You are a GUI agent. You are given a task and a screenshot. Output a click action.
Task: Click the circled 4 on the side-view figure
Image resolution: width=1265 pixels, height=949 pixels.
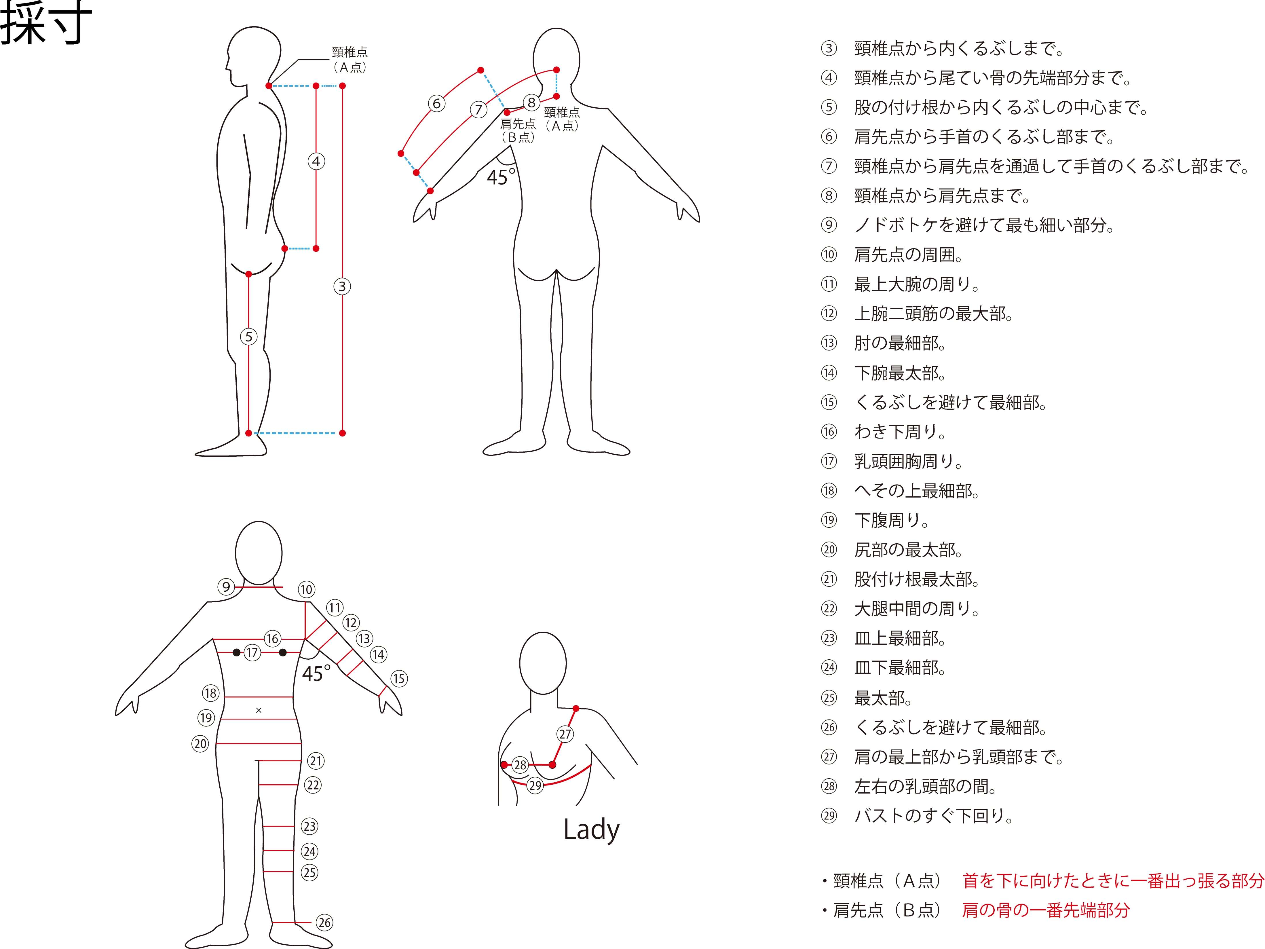(316, 161)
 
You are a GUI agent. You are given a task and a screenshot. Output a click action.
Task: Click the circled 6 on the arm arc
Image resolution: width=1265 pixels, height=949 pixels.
(437, 104)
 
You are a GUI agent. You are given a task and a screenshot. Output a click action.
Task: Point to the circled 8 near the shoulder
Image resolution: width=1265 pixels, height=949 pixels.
(531, 103)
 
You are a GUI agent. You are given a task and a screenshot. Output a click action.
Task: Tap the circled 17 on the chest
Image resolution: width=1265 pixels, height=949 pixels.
(252, 653)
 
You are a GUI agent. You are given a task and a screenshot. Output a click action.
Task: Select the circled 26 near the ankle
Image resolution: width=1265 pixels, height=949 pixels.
(324, 922)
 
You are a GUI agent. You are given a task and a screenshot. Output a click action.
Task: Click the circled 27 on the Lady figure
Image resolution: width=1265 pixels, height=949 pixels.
(565, 734)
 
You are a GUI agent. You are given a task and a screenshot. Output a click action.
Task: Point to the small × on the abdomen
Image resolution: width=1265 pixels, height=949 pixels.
(259, 711)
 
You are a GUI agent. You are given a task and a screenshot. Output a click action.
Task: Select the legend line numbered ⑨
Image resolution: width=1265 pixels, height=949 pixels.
(984, 225)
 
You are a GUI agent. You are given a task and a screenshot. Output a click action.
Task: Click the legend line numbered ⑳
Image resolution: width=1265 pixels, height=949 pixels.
(908, 550)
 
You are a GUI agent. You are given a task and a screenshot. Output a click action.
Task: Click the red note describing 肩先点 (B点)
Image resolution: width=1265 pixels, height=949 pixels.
(1045, 910)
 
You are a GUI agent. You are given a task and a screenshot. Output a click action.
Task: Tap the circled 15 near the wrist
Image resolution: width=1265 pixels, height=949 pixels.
(399, 679)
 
